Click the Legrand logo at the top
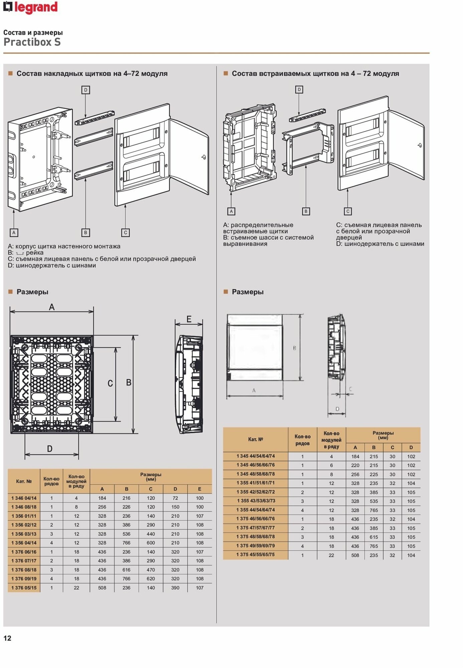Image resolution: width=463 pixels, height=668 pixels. (30, 7)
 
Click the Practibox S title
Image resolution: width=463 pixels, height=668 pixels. (32, 42)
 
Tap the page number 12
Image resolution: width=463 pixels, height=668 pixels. (7, 638)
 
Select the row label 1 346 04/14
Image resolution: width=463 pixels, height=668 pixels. (24, 498)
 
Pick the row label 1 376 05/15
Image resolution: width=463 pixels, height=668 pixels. (24, 588)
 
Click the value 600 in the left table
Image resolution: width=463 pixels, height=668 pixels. (151, 543)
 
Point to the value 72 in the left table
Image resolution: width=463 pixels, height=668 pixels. (175, 498)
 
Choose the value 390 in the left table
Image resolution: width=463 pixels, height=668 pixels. (175, 588)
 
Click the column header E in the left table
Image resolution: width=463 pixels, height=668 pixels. (199, 489)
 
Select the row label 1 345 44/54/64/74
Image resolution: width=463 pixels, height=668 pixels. (256, 456)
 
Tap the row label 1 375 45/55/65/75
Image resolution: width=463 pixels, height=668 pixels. (256, 555)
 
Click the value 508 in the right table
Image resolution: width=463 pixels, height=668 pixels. (355, 555)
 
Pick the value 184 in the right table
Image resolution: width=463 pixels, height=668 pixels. (355, 457)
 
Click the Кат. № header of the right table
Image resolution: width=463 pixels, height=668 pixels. (256, 439)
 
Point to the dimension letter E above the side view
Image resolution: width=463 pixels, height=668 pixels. (189, 319)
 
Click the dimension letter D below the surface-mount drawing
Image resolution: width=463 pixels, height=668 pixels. (50, 449)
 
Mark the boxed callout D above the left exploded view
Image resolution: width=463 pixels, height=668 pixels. (86, 90)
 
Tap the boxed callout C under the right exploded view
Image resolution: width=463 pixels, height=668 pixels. (348, 211)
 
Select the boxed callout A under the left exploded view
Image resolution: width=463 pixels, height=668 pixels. (14, 232)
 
